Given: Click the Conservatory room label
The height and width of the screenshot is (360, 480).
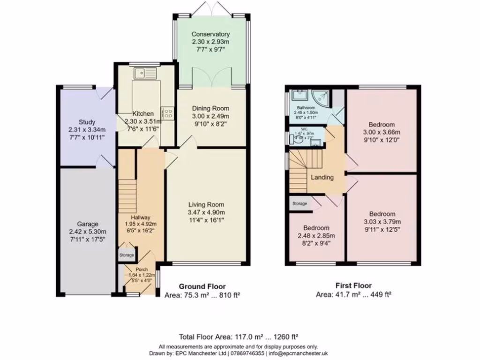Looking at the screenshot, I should click(210, 34).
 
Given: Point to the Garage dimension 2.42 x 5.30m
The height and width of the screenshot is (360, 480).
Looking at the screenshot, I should click(88, 232).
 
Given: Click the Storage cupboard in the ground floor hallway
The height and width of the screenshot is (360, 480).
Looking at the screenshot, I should click(127, 255).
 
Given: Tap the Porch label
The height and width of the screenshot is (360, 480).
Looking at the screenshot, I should click(142, 270).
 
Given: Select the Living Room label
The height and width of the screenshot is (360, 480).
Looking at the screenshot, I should click(206, 204).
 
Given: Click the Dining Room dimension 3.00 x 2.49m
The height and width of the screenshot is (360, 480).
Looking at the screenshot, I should click(210, 116).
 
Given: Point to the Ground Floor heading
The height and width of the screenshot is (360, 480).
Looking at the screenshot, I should click(202, 286).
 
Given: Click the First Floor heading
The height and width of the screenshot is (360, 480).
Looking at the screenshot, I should click(353, 285).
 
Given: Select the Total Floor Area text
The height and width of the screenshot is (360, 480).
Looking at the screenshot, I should click(240, 337).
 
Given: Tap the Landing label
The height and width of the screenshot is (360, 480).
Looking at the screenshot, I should click(322, 177).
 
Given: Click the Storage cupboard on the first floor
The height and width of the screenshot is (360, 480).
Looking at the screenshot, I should click(300, 204).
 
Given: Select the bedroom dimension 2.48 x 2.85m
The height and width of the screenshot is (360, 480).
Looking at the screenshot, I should click(316, 236).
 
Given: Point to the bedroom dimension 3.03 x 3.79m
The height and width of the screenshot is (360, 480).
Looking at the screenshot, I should click(382, 222).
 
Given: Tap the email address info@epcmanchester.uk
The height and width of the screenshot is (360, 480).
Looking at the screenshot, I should click(298, 353).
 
